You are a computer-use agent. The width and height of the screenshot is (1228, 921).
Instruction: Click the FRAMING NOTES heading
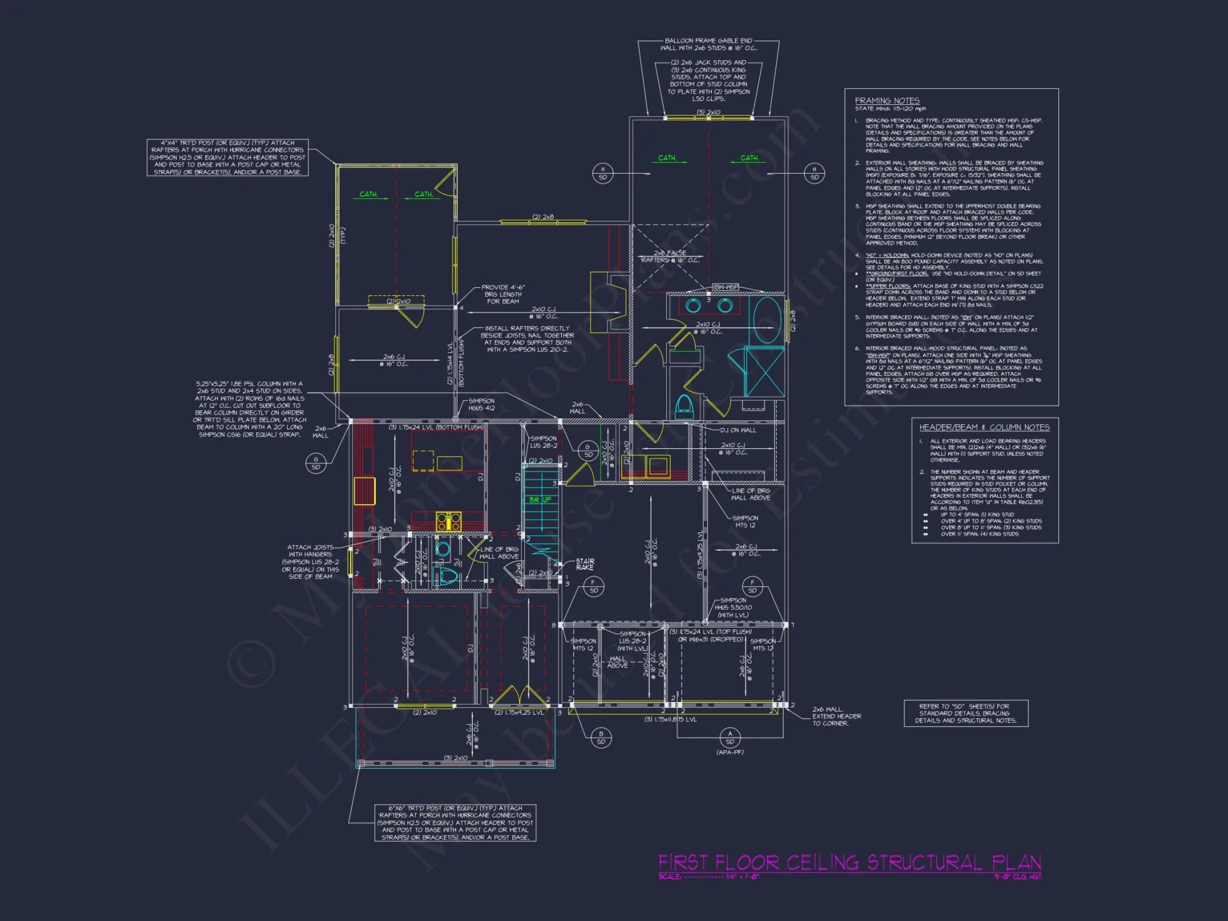pyautogui.click(x=887, y=101)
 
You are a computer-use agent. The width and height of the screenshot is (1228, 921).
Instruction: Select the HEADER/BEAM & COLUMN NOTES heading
pyautogui.click(x=984, y=427)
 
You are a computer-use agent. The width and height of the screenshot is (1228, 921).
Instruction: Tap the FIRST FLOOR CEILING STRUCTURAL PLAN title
pyautogui.click(x=850, y=863)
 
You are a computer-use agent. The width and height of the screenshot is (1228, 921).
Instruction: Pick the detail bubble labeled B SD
pyautogui.click(x=600, y=737)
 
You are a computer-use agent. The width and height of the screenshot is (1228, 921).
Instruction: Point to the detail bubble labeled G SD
pyautogui.click(x=316, y=463)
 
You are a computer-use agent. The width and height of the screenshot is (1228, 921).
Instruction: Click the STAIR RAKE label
pyautogui.click(x=585, y=564)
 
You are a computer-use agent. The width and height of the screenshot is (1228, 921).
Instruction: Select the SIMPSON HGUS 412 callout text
pyautogui.click(x=481, y=405)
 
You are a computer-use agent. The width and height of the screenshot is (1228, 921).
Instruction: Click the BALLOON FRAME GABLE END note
pyautogui.click(x=708, y=44)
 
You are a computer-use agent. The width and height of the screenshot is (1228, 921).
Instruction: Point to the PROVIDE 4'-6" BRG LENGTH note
pyautogui.click(x=503, y=294)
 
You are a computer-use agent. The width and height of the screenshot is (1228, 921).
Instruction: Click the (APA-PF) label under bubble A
pyautogui.click(x=729, y=752)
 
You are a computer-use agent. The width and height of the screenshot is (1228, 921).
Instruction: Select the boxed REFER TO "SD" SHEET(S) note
pyautogui.click(x=965, y=713)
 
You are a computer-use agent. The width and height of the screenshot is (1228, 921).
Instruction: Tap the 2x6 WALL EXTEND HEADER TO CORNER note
pyautogui.click(x=836, y=716)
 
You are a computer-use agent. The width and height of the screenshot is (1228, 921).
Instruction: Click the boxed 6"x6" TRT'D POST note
pyautogui.click(x=455, y=823)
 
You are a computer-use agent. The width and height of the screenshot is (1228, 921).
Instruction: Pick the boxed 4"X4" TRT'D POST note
pyautogui.click(x=227, y=157)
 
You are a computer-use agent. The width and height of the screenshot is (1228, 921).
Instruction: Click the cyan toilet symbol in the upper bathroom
pyautogui.click(x=684, y=405)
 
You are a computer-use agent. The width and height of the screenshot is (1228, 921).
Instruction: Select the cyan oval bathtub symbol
pyautogui.click(x=767, y=320)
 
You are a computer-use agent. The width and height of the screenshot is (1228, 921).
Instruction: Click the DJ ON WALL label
pyautogui.click(x=738, y=430)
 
